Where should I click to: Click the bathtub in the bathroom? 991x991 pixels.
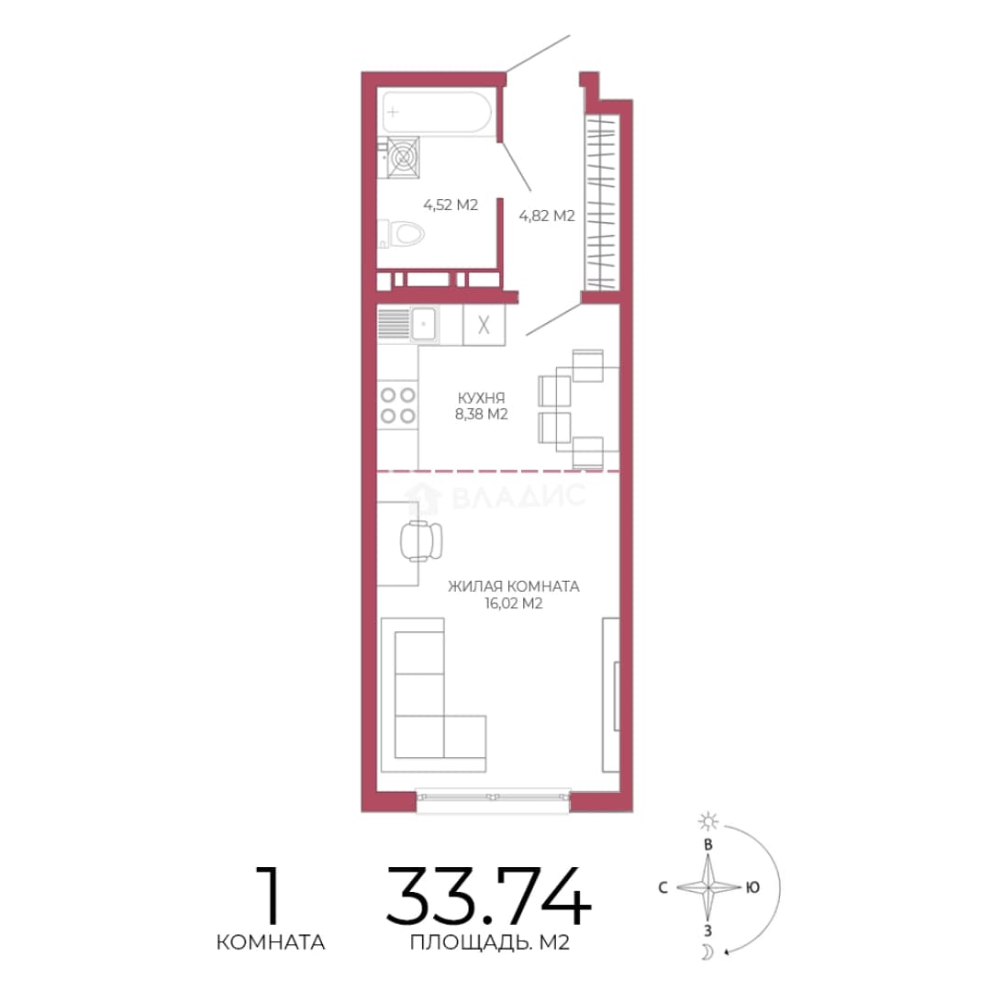point(436,112)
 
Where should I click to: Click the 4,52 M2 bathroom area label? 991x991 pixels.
point(450,205)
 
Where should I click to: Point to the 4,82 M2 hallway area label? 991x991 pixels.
point(547,217)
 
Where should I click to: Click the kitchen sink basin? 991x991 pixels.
point(423,324)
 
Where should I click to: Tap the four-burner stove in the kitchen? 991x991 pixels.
point(397,406)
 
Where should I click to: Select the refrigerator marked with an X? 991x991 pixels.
point(484,325)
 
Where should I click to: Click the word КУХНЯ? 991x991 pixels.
point(482,398)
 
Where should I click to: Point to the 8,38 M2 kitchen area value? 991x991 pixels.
point(482,415)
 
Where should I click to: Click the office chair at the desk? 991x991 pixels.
point(421,541)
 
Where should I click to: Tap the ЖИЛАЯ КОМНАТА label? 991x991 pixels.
point(514,586)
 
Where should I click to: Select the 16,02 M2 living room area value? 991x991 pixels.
point(514,604)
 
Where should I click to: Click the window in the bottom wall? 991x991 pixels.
point(493,799)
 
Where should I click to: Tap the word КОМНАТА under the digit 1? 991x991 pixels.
point(271,942)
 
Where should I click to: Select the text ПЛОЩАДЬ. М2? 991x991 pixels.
point(490,943)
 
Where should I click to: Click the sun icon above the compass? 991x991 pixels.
point(707,821)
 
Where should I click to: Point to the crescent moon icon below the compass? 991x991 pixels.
point(708,952)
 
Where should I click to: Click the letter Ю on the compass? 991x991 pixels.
point(752,887)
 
